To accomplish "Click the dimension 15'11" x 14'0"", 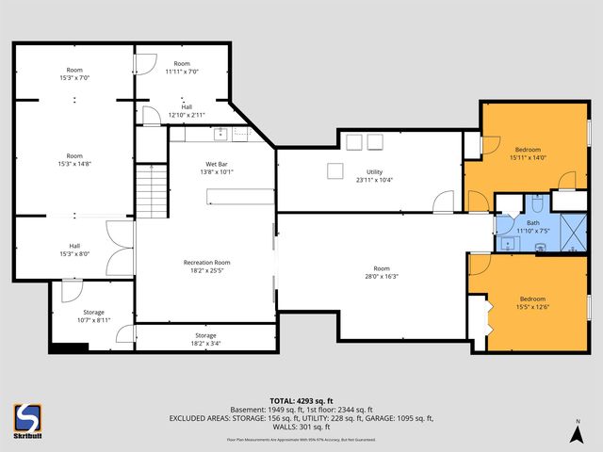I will click(x=528, y=157).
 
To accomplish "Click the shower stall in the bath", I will click(x=571, y=232).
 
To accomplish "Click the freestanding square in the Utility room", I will click(x=334, y=170).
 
